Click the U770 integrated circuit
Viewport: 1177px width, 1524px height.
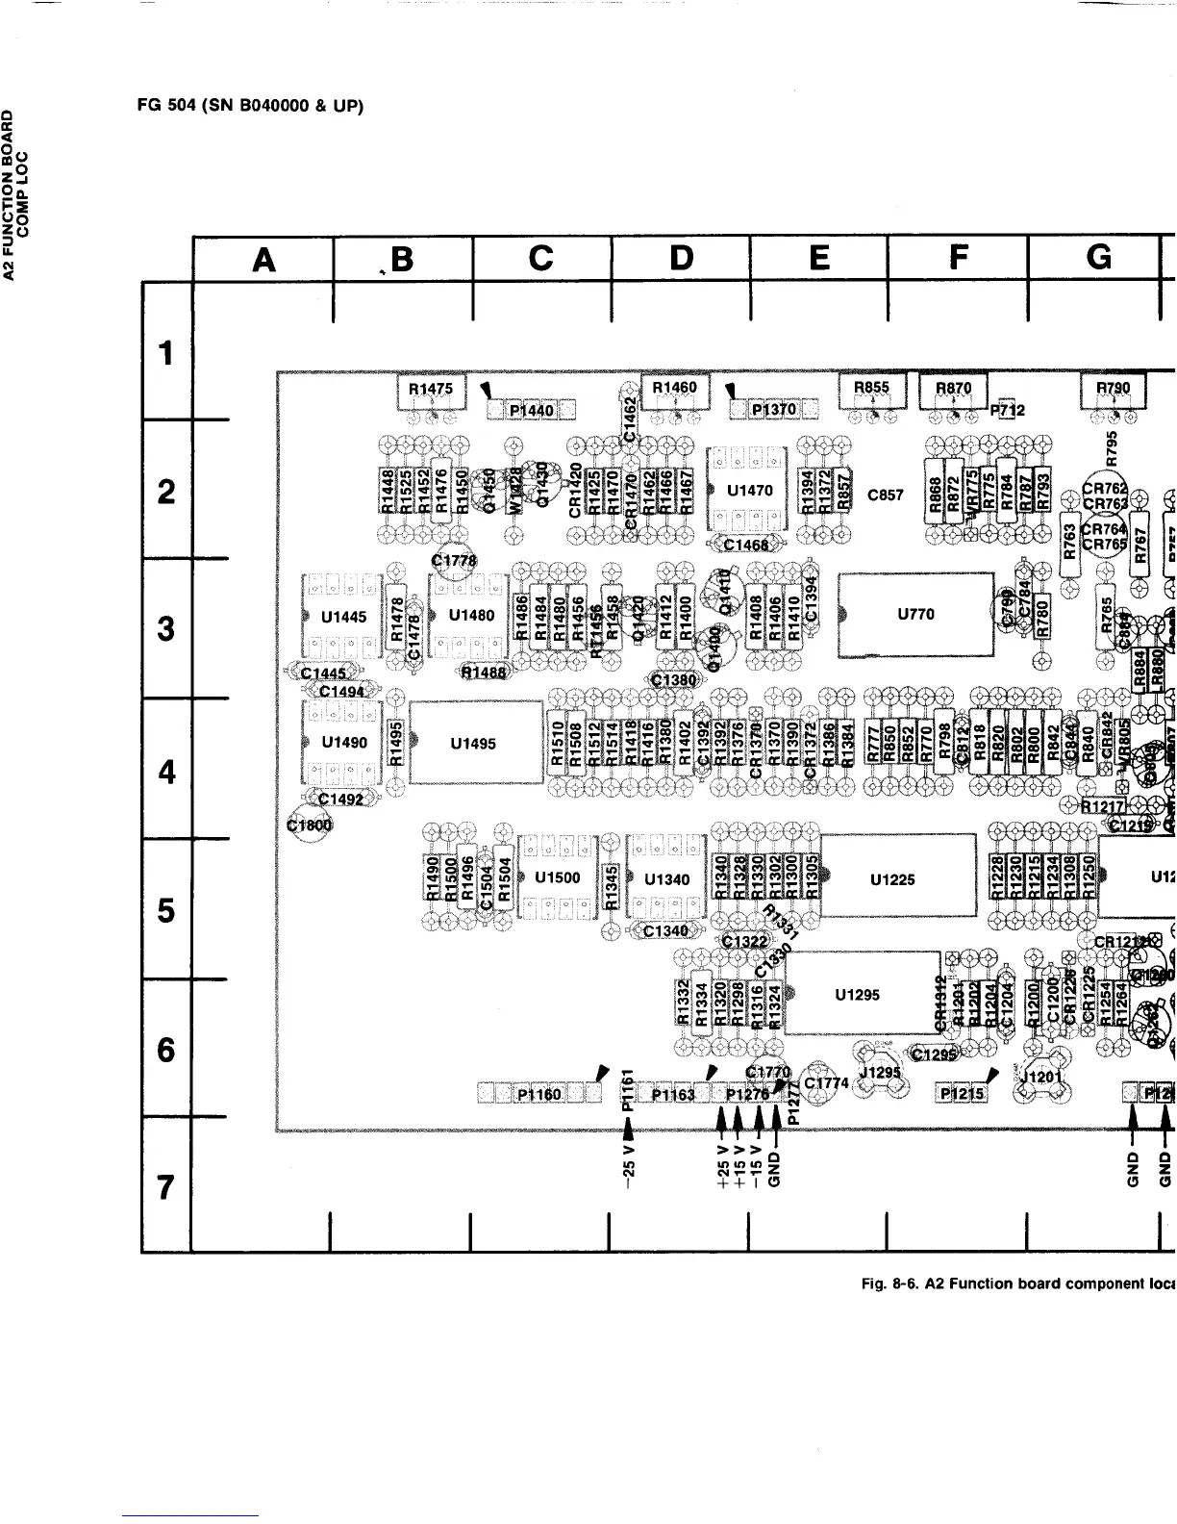pyautogui.click(x=915, y=615)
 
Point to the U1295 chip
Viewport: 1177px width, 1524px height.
pyautogui.click(x=861, y=994)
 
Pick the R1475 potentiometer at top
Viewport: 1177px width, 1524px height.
pyautogui.click(x=431, y=390)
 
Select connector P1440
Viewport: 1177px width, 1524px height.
pyautogui.click(x=530, y=411)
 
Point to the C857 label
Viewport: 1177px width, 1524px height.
pyautogui.click(x=886, y=495)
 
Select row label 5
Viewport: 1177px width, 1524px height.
pyautogui.click(x=166, y=909)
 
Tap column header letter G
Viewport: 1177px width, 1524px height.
pyautogui.click(x=1096, y=257)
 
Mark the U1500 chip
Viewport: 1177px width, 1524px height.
pyautogui.click(x=557, y=877)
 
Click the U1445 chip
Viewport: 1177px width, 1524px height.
pyautogui.click(x=343, y=617)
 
